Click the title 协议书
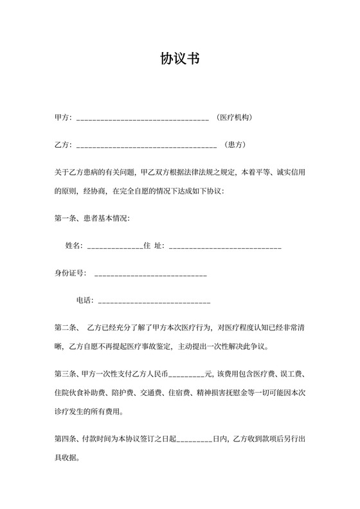(x=179, y=59)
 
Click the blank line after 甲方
(x=142, y=119)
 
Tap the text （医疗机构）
(x=234, y=118)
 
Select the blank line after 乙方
(x=146, y=146)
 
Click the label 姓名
(x=74, y=246)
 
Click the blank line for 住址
(x=224, y=247)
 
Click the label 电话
(x=85, y=299)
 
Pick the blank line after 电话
(x=154, y=301)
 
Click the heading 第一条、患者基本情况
(x=92, y=219)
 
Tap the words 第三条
(x=66, y=374)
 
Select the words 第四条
(x=66, y=440)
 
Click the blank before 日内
(x=194, y=442)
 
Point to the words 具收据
(x=67, y=458)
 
